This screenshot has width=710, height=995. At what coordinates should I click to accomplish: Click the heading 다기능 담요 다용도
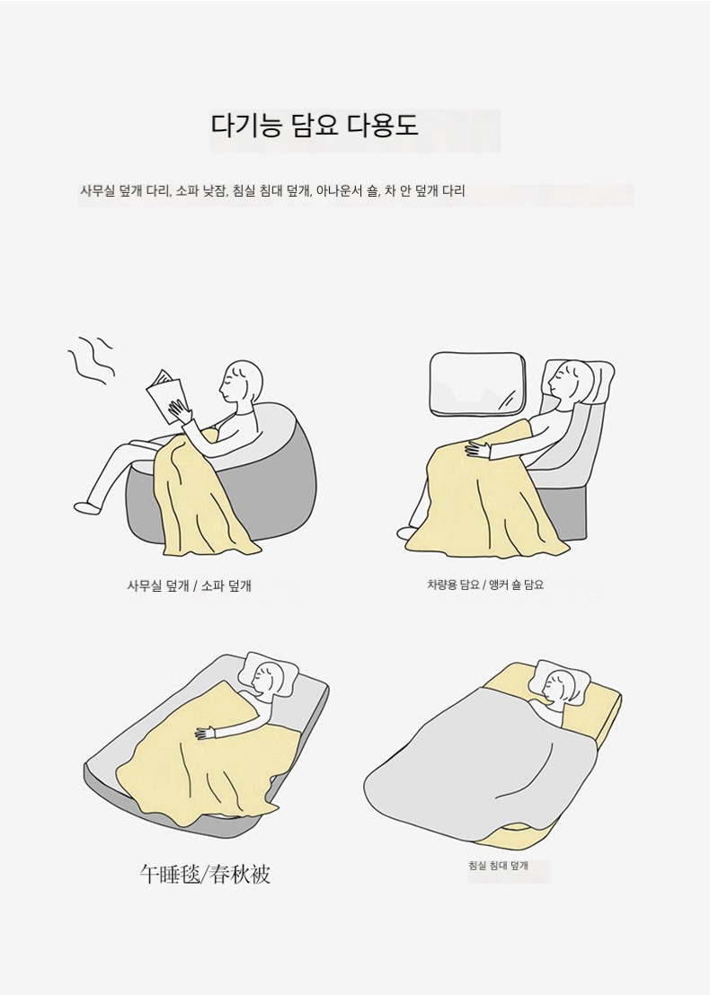[x=315, y=125]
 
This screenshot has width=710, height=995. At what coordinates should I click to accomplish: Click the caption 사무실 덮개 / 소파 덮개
[x=190, y=586]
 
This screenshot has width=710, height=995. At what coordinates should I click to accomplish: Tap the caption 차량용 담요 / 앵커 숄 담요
[x=485, y=585]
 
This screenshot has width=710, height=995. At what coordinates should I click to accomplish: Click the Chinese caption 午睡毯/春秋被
[x=205, y=874]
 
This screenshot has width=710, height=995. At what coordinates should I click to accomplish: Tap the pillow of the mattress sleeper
[x=273, y=672]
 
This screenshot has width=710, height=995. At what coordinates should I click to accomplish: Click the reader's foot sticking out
[x=87, y=507]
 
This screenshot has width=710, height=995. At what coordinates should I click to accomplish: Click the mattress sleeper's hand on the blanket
[x=207, y=732]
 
